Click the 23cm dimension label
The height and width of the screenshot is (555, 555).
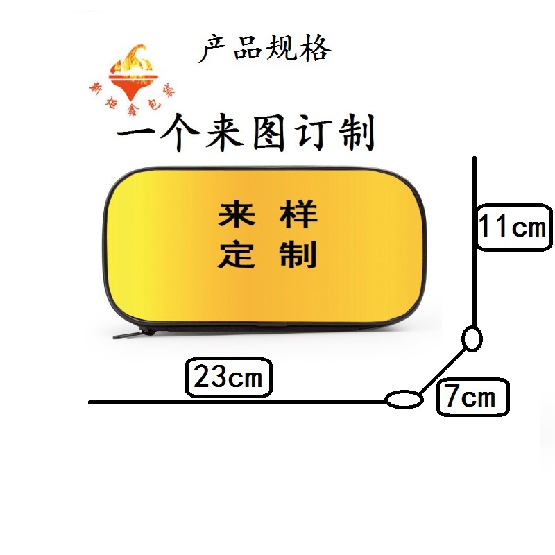(x=228, y=379)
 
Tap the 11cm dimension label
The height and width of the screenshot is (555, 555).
(x=513, y=227)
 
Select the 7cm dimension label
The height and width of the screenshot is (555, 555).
(x=471, y=398)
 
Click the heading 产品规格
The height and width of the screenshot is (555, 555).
(x=264, y=49)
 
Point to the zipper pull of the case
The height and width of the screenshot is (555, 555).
(x=132, y=334)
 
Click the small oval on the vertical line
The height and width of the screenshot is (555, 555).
(x=472, y=339)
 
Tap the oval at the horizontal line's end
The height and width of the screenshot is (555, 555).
(x=403, y=399)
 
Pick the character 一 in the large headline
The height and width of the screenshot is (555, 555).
(x=134, y=133)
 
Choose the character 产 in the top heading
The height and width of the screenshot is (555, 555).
(x=214, y=49)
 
